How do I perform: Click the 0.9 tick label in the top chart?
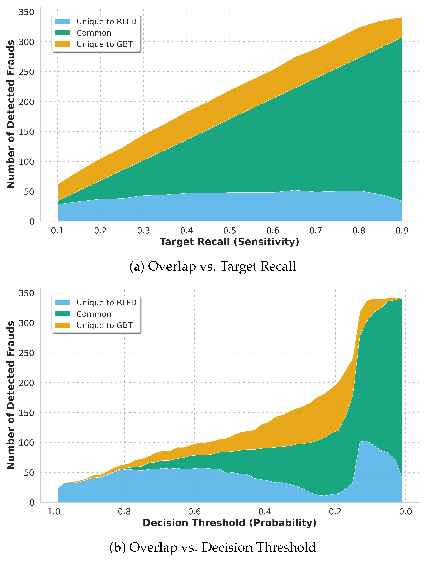click(402, 231)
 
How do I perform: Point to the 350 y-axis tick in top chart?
click(26, 12)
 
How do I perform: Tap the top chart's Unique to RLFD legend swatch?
click(63, 21)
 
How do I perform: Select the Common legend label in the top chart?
click(94, 33)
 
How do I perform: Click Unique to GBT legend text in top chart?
click(105, 44)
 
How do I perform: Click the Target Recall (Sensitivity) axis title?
click(229, 242)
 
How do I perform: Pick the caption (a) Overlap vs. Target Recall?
click(213, 266)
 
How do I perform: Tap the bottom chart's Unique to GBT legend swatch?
click(63, 325)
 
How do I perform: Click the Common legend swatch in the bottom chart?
click(63, 314)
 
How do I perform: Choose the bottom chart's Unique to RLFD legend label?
click(106, 303)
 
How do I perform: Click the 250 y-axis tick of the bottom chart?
click(26, 353)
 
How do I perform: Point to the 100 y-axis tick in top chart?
click(26, 162)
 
